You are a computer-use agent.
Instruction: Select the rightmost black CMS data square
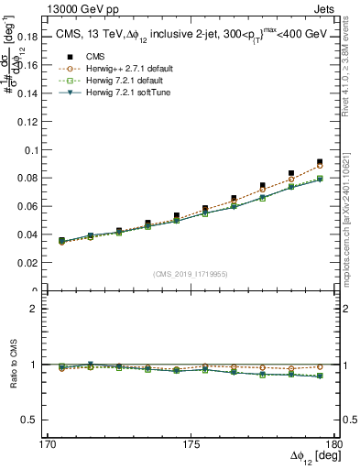(320, 161)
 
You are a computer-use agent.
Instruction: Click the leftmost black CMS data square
(61, 240)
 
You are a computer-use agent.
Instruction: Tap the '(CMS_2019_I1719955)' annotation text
(191, 273)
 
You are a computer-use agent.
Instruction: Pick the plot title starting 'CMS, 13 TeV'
(190, 35)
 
